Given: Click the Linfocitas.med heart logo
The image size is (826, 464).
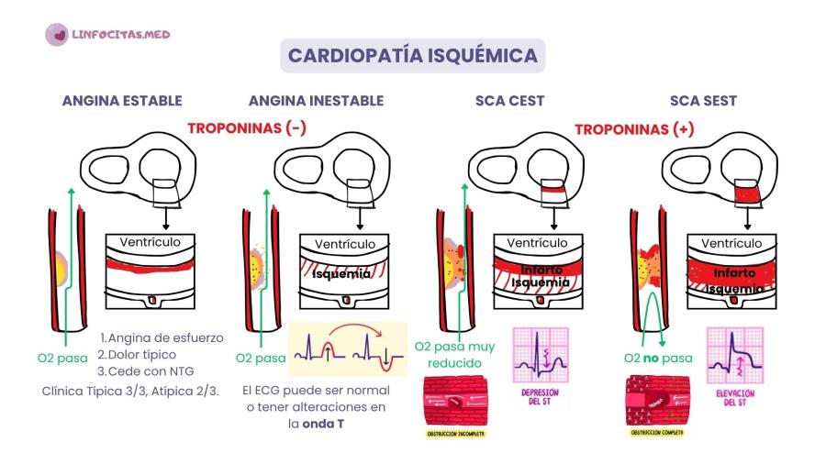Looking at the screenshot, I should point(56,34).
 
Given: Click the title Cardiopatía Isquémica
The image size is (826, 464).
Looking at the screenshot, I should point(413,55).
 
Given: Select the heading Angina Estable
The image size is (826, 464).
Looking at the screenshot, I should point(122,101).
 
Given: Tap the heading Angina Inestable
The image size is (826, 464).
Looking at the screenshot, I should point(316,101).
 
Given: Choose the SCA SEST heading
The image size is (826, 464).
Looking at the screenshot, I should point(703,101).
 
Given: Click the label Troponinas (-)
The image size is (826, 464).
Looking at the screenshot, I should point(247,129).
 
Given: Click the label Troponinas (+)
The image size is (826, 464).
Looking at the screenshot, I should point(634,129).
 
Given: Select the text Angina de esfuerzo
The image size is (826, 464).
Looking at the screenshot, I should point(162,337).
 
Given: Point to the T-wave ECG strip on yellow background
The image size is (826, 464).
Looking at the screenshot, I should point(348,349).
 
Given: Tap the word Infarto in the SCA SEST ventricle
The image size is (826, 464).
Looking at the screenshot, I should point(734,272).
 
